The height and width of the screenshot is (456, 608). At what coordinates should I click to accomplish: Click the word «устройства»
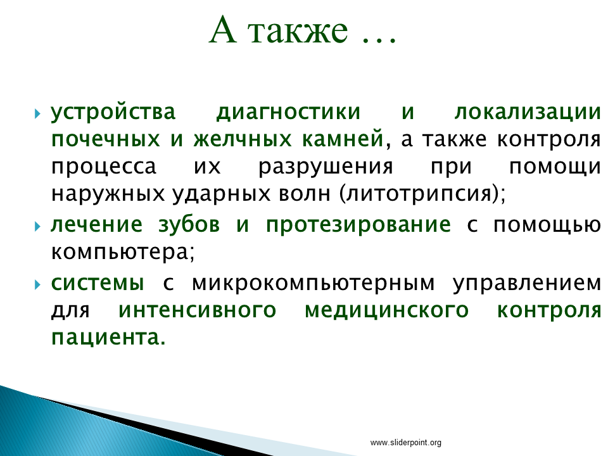(x=113, y=113)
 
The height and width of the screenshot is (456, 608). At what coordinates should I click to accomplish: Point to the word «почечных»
(x=106, y=139)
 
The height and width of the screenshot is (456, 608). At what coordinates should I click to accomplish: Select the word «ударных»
(x=221, y=194)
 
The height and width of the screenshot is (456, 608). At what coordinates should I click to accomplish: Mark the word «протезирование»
(x=358, y=225)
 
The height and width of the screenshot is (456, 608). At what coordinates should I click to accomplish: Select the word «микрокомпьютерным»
(x=313, y=284)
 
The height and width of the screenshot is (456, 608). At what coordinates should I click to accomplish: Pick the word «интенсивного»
(x=198, y=310)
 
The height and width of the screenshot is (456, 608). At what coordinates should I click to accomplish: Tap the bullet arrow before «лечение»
(x=37, y=226)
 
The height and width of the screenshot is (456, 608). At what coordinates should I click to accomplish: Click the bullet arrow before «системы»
(x=37, y=285)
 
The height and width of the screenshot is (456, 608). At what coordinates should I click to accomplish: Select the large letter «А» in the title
(x=223, y=30)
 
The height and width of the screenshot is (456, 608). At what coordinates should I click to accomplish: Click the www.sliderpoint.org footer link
(x=405, y=443)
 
